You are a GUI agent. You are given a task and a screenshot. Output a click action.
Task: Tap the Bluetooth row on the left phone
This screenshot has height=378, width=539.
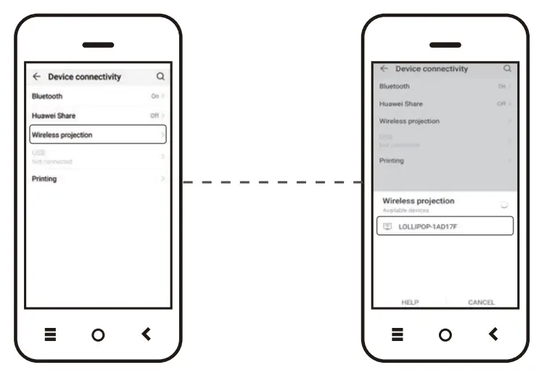tap(98, 96)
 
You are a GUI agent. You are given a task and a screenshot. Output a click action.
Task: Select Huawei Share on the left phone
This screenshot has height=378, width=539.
tap(98, 115)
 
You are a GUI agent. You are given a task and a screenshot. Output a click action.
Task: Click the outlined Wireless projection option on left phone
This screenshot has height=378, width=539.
tap(98, 135)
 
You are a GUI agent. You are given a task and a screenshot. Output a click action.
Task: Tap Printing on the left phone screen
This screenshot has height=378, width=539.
tap(98, 178)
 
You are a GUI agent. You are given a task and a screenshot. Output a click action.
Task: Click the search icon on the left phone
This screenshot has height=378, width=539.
tap(160, 76)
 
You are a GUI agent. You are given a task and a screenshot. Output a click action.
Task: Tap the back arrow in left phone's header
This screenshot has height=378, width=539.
tap(36, 76)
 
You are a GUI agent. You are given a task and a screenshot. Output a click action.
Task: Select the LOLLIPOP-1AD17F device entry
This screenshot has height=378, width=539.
tap(445, 226)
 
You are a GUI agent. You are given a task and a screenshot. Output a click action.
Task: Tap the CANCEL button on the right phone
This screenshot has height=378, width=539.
tap(481, 302)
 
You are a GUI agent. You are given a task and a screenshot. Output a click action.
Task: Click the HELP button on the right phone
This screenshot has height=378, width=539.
tap(410, 302)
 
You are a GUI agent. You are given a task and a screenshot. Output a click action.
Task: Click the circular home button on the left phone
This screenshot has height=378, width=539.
tap(98, 334)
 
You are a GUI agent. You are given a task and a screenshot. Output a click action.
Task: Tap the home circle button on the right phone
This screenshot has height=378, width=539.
tap(445, 334)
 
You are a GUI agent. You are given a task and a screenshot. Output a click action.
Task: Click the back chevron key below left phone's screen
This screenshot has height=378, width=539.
tap(147, 334)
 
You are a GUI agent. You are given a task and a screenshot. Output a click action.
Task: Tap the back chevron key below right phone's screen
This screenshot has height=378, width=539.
tap(494, 334)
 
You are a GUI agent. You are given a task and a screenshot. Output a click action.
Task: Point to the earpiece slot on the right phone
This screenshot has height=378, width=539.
tap(445, 45)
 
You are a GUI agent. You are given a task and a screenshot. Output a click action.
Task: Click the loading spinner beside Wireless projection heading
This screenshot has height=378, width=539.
tap(504, 205)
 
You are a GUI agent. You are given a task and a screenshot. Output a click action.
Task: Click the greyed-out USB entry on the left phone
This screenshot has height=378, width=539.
tap(98, 157)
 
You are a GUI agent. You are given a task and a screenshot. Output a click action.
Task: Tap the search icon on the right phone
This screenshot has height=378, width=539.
tap(507, 69)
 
